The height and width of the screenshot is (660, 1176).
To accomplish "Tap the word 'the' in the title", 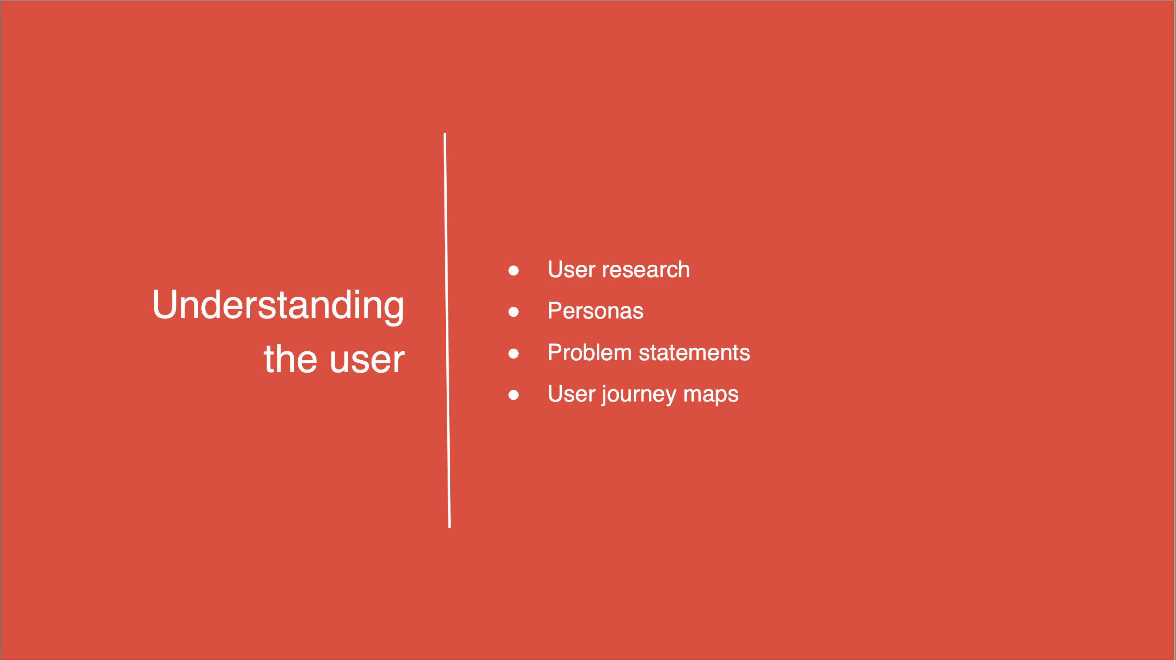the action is (x=290, y=358).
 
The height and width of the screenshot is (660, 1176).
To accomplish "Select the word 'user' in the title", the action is (x=368, y=361).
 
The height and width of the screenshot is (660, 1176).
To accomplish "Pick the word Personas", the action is (x=595, y=311).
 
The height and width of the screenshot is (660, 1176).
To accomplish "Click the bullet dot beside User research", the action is (x=514, y=271).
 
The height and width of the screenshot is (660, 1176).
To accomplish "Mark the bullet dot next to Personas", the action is (x=514, y=312).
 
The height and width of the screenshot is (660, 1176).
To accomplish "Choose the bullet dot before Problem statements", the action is (x=514, y=354).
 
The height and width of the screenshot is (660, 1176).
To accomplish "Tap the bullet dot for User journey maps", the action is (x=514, y=395).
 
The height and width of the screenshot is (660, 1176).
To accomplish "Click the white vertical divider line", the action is (x=447, y=331).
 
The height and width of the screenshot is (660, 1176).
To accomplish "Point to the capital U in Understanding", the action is (x=164, y=304).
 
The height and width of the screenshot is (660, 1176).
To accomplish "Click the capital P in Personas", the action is (x=555, y=310).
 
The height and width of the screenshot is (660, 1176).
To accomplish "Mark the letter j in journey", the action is (x=604, y=395).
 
